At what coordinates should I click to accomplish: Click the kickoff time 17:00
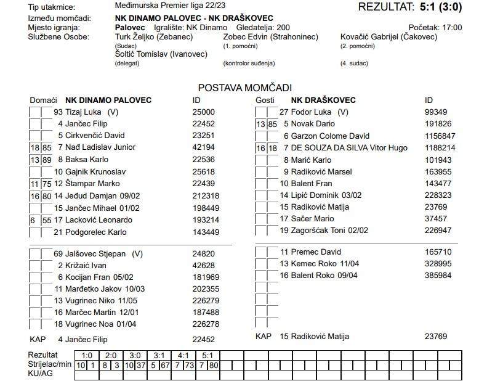pos(451,28)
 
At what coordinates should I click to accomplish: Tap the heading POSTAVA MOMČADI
pos(244,88)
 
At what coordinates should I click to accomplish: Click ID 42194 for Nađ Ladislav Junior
pos(203,147)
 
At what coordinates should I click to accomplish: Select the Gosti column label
pos(265,100)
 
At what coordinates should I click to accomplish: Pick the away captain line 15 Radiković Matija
pos(314,336)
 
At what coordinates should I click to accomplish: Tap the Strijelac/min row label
pos(50,365)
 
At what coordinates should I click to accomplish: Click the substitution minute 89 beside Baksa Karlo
pos(47,160)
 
